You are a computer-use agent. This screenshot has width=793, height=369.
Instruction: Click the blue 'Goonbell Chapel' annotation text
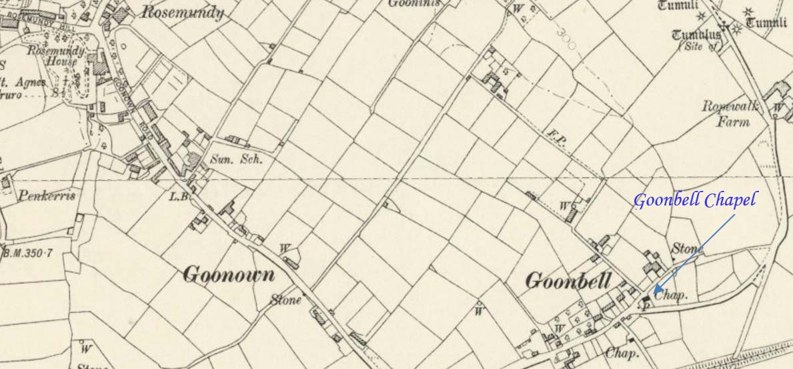pyautogui.click(x=694, y=200)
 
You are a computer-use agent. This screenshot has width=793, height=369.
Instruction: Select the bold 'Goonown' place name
pyautogui.click(x=228, y=274)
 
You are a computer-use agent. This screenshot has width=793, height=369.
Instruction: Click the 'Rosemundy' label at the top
pyautogui.click(x=183, y=13)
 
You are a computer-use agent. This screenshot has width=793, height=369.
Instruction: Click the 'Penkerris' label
pyautogui.click(x=47, y=196)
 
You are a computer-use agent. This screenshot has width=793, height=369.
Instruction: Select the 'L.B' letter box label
pyautogui.click(x=177, y=196)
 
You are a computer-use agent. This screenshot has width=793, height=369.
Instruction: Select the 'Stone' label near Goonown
pyautogui.click(x=286, y=300)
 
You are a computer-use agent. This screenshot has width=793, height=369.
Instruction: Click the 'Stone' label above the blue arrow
pyautogui.click(x=687, y=249)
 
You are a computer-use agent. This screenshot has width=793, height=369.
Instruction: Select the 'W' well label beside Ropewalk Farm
pyautogui.click(x=777, y=107)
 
